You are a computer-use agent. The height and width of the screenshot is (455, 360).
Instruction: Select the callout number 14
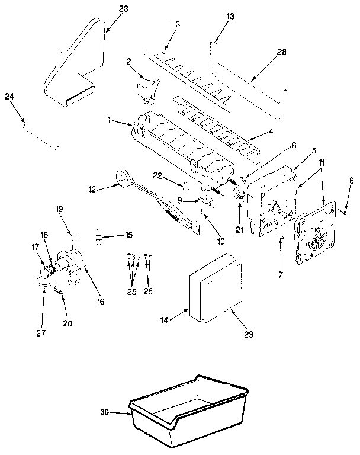click(165, 320)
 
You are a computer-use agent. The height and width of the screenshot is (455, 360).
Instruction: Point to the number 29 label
click(248, 334)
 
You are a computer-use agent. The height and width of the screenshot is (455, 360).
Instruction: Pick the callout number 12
click(91, 189)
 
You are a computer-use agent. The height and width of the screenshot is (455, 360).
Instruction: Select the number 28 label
click(281, 52)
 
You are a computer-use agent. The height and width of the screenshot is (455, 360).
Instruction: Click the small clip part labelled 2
click(148, 89)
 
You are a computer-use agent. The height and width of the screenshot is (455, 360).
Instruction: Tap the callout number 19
click(59, 209)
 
